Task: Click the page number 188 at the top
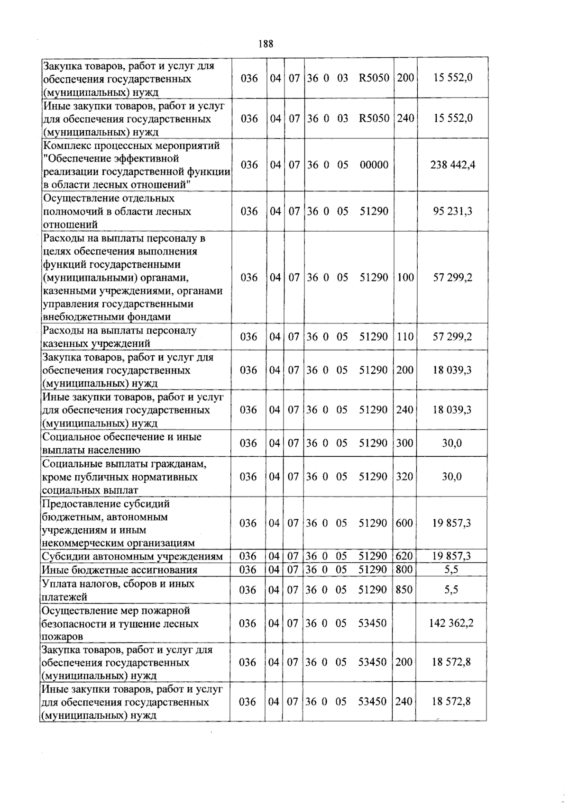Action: (x=266, y=44)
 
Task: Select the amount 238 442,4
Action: (x=452, y=165)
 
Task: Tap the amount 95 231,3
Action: (x=452, y=211)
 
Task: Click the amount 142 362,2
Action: (x=451, y=623)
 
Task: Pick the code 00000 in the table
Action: (x=374, y=165)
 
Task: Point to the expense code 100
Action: (x=405, y=278)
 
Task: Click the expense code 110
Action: (x=405, y=337)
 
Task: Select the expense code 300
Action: (x=404, y=443)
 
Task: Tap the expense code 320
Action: (x=404, y=477)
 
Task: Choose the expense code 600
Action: (x=404, y=524)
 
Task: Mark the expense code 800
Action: (x=404, y=570)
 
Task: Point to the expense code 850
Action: (x=404, y=590)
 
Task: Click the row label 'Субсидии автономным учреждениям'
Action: (x=132, y=557)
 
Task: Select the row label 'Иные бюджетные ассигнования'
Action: (x=119, y=570)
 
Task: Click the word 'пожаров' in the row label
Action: (x=62, y=637)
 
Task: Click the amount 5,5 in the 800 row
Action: (x=451, y=570)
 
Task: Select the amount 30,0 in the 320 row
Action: (x=451, y=477)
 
